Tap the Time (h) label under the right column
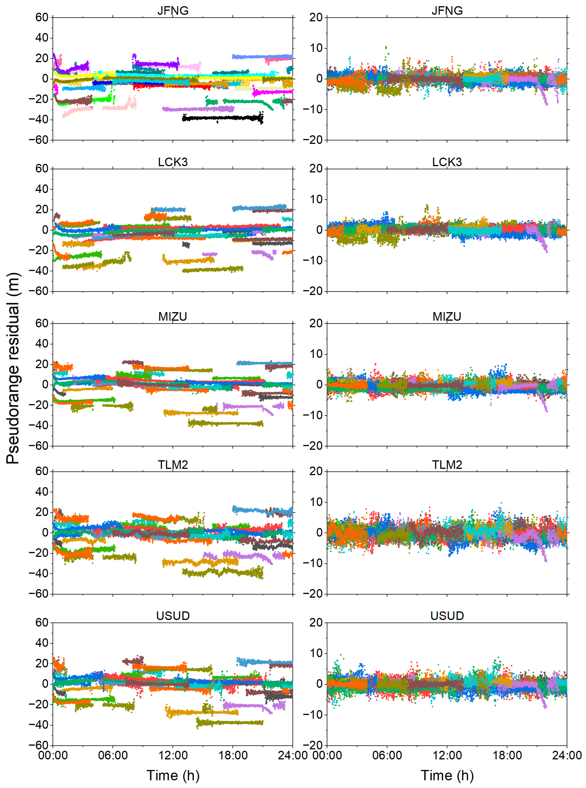(447, 775)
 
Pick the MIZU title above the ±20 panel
(447, 316)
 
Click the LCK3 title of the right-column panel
(447, 162)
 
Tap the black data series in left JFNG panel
(223, 118)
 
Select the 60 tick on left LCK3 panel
(42, 169)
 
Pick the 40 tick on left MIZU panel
(42, 344)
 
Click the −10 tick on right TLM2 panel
(312, 563)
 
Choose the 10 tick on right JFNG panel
(316, 48)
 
